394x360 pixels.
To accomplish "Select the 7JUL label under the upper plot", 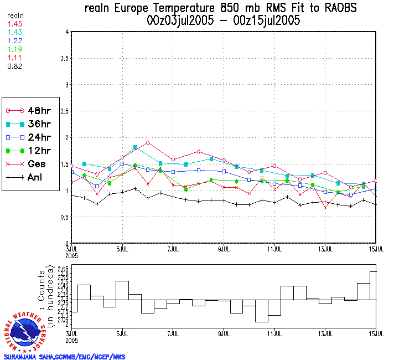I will pos(173,248).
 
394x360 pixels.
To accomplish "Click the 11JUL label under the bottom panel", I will pos(275,334).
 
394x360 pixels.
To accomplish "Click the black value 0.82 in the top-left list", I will pos(14,66).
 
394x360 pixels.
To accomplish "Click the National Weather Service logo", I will pos(25,331).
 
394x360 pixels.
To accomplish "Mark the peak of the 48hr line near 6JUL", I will pos(148,143).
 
